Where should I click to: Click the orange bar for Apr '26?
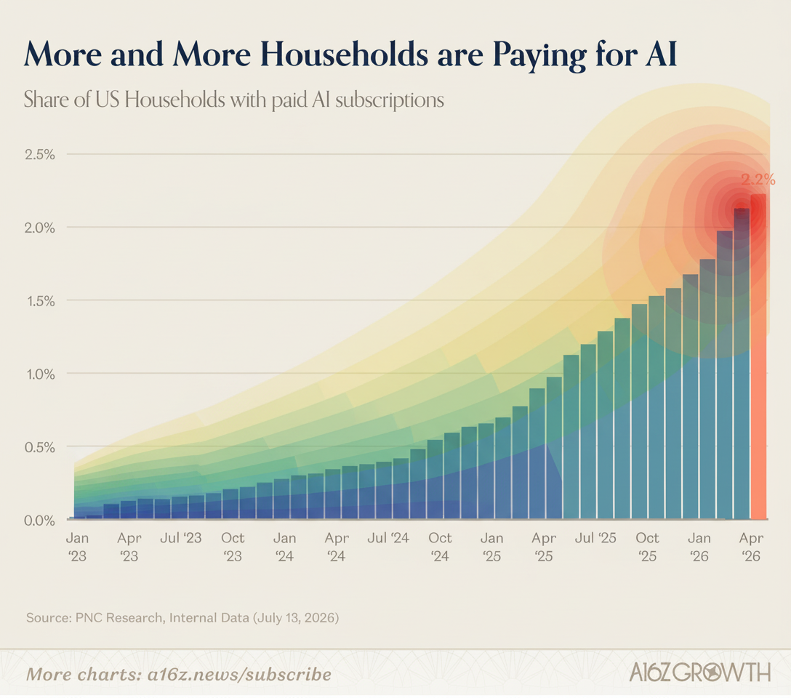click(759, 356)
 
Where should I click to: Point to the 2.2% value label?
click(758, 179)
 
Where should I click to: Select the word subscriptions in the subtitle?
click(390, 100)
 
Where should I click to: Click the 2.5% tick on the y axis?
click(40, 154)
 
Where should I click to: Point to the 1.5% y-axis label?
click(40, 301)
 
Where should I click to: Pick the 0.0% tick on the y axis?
click(40, 521)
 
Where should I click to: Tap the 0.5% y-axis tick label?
click(40, 447)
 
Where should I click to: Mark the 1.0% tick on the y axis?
click(40, 374)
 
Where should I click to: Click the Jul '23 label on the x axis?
click(180, 538)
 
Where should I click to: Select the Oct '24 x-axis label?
click(440, 547)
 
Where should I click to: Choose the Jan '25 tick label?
click(492, 547)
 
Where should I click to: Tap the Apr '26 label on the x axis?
click(751, 547)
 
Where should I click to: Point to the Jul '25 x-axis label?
click(595, 538)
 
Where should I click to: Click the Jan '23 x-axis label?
click(77, 547)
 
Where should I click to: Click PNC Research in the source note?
click(119, 618)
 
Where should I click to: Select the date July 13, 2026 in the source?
click(296, 618)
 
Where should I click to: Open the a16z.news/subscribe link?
click(240, 675)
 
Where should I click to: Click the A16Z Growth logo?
click(700, 673)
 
